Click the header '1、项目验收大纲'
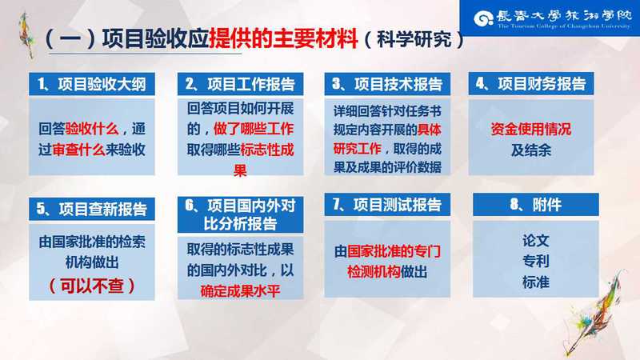point(92,84)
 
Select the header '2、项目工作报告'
point(241,84)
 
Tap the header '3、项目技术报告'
point(387,84)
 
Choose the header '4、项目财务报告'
point(531,84)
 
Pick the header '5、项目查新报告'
point(92,209)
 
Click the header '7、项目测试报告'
point(387,205)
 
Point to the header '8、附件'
point(536,205)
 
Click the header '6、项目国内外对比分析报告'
point(241,214)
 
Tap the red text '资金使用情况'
point(531,130)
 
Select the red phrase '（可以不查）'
point(92,286)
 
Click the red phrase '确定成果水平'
point(241,291)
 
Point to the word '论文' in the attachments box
point(536,241)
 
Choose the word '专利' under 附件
point(536,262)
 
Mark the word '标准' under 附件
point(536,282)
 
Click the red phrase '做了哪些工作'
point(254,129)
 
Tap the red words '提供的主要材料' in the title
point(283,38)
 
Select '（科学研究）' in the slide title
point(414,39)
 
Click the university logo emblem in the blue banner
point(483,18)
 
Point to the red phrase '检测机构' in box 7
point(374,272)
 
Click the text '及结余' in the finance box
point(531,150)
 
